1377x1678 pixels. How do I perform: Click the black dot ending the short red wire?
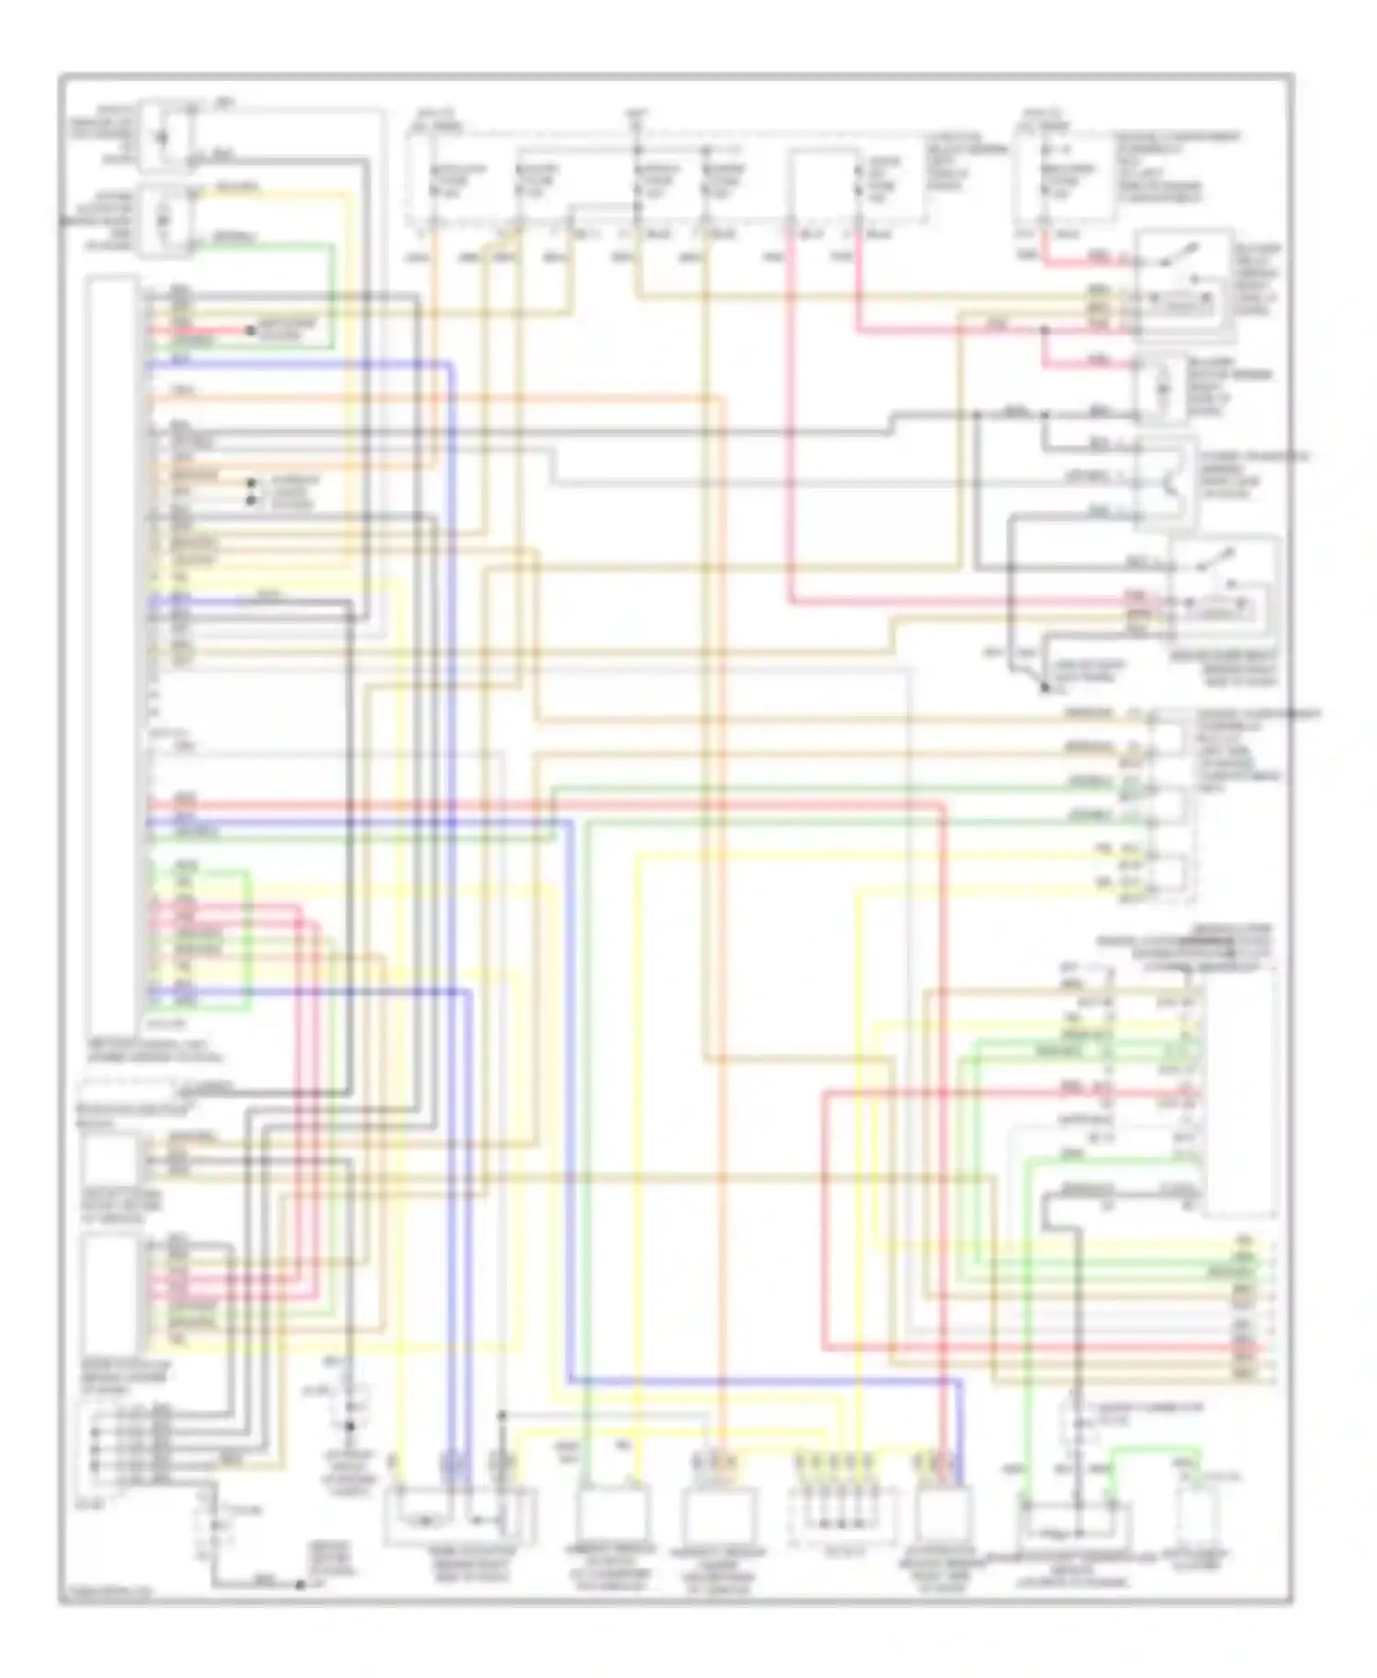(249, 329)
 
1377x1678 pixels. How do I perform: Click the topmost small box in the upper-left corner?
(165, 138)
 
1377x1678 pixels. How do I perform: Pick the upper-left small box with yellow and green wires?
(165, 220)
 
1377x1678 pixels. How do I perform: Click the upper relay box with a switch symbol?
(1182, 280)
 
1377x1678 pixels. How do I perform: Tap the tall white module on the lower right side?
(1238, 1092)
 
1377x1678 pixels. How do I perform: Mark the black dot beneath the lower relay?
(1045, 687)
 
